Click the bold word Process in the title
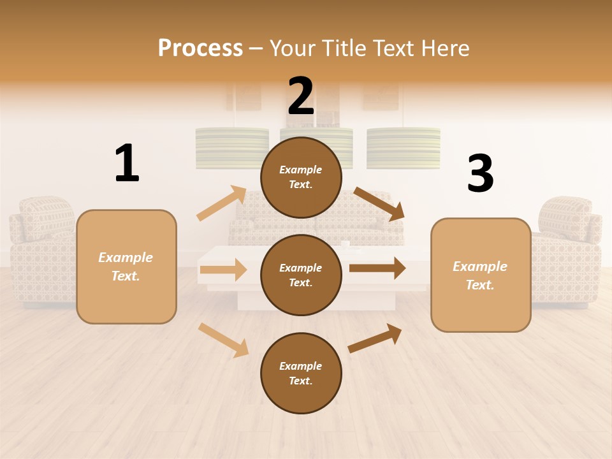pos(200,48)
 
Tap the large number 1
pos(127,163)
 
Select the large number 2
pos(301,96)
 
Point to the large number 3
pos(480,173)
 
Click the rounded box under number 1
pos(126,266)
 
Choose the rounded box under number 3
pos(481,275)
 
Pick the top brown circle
pos(301,177)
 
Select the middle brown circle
pos(301,275)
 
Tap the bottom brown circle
pos(301,373)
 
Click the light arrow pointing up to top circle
pos(222,203)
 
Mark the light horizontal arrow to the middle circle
pos(223,270)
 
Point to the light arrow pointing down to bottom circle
pos(223,339)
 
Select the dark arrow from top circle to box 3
pos(379,204)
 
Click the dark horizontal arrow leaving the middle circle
pos(377,268)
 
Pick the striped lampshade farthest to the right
pos(404,148)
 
